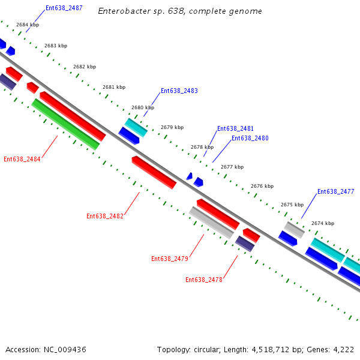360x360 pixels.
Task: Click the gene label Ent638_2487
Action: click(64, 9)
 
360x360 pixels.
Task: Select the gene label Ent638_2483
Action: click(179, 91)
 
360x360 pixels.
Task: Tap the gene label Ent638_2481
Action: click(235, 129)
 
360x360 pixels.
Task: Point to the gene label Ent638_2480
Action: click(250, 139)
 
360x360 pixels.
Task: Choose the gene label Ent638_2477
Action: click(335, 192)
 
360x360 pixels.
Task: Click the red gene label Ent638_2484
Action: click(22, 160)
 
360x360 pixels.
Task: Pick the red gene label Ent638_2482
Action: click(105, 217)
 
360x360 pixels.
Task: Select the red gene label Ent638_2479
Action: click(170, 259)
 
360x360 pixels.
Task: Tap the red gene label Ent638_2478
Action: click(204, 280)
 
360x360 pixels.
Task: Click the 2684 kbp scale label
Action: click(28, 25)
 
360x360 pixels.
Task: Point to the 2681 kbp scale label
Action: click(114, 88)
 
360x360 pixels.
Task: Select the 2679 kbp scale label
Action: click(172, 128)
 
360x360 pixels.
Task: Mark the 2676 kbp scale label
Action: click(262, 187)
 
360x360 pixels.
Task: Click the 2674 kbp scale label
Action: click(323, 224)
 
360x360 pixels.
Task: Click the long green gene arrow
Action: click(65, 124)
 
